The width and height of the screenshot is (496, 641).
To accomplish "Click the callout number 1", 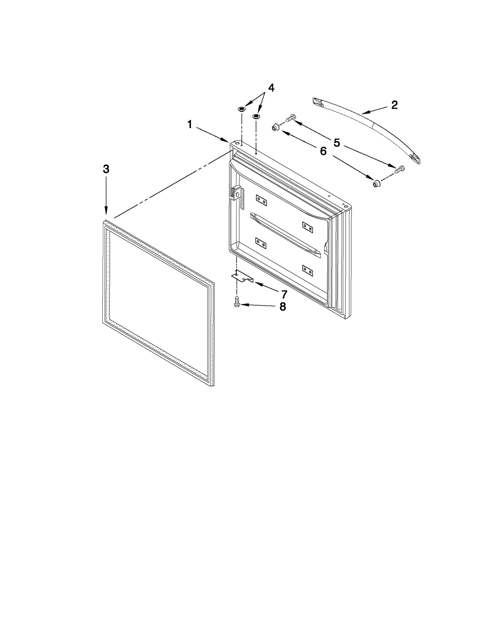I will pos(189,125).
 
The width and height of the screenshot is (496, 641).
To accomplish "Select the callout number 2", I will pos(394,105).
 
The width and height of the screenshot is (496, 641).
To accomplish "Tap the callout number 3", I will pos(106,169).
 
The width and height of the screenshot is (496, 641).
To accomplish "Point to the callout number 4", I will pos(271,88).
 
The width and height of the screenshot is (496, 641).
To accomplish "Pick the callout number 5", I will pos(337,143).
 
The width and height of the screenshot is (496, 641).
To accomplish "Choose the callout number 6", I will pos(323,151).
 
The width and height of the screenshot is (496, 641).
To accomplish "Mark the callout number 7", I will pos(284,294).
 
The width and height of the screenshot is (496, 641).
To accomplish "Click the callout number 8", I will pos(282,307).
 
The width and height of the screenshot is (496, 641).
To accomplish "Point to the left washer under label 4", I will pos(241,109).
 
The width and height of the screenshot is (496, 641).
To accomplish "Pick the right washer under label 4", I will pos(256,116).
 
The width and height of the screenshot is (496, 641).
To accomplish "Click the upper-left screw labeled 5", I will pos(290,118).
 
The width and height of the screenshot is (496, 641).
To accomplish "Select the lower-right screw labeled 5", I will pos(399,169).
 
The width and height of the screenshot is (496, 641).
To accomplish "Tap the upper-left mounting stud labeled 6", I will pos(275,127).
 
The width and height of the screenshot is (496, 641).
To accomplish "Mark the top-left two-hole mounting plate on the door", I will pos(261,201).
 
